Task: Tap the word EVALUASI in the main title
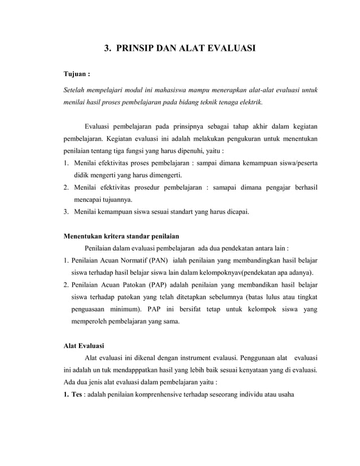[228, 49]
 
